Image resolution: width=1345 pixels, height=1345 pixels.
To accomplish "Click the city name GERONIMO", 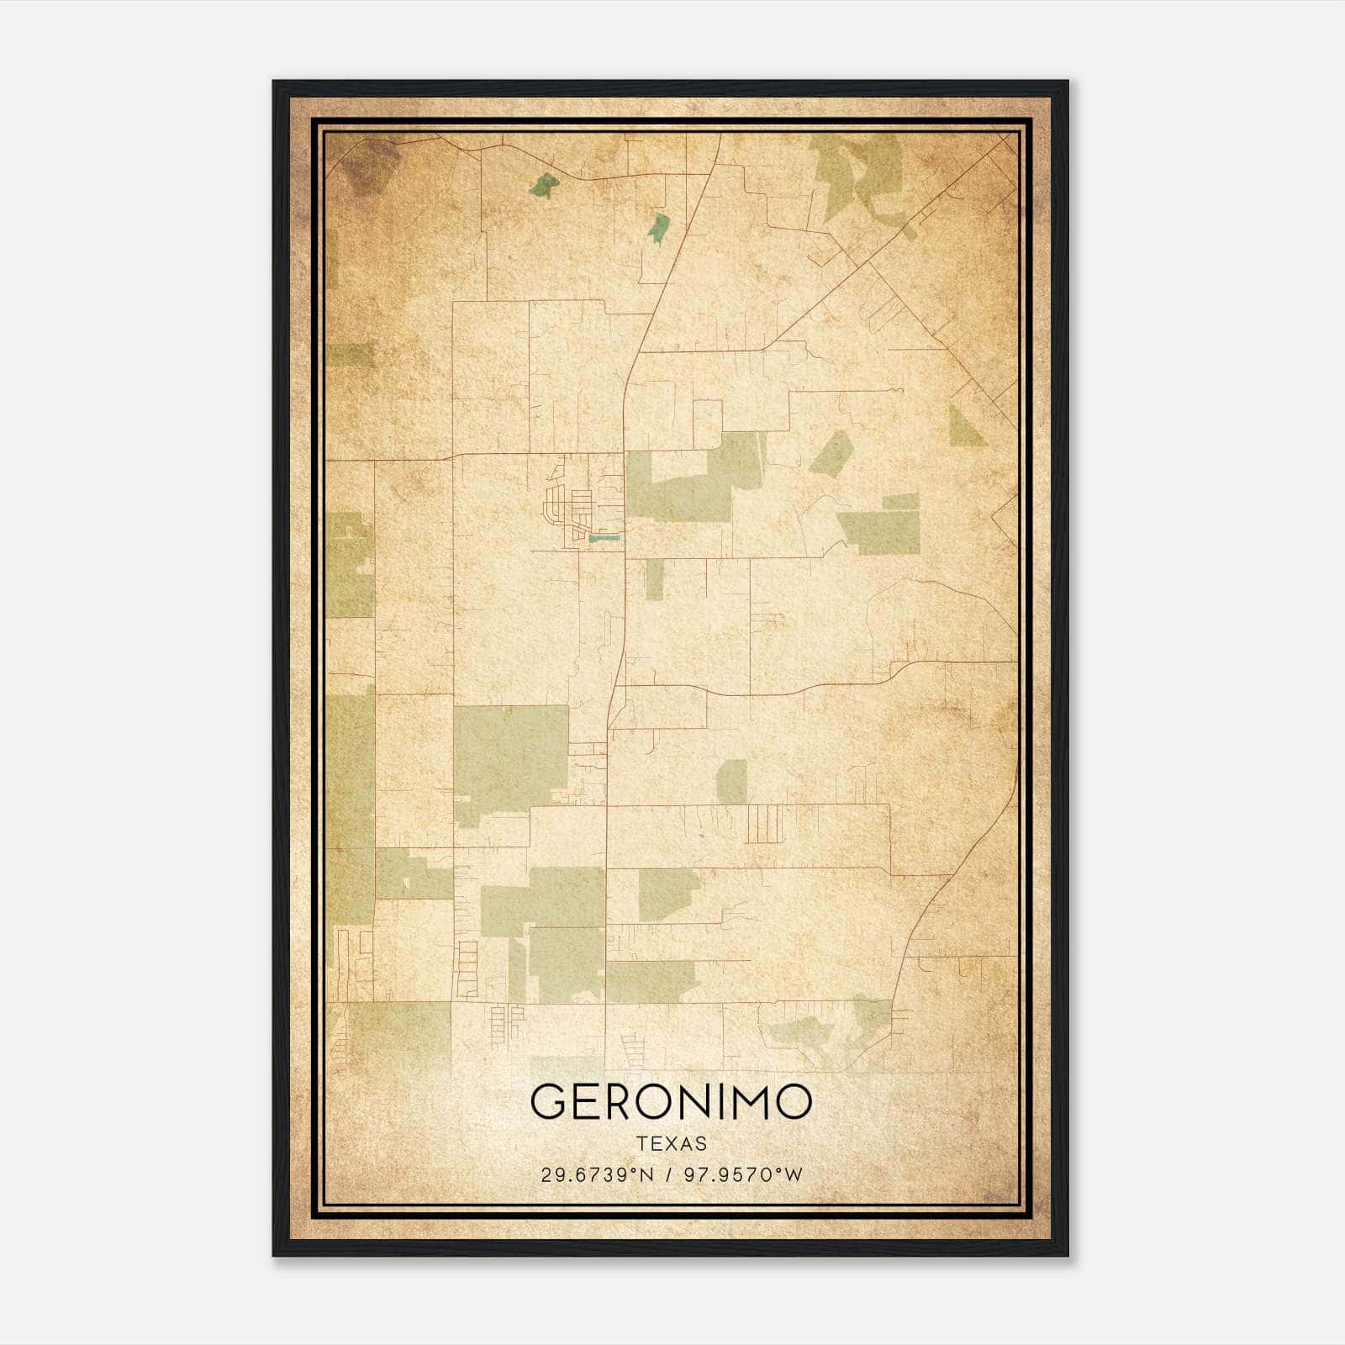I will pos(671,1101).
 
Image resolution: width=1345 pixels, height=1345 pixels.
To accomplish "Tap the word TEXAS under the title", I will pos(672,1144).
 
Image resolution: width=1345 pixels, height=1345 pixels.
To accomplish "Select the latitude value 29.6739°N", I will pos(597,1175).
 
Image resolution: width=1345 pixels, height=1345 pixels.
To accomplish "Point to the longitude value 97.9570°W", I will pos(744,1175).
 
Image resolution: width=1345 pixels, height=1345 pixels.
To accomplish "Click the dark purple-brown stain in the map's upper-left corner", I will pos(371,165).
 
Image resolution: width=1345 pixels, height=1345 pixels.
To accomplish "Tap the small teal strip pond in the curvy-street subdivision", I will pos(603,537).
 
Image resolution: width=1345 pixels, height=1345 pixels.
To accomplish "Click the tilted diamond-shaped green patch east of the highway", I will pos(831,455).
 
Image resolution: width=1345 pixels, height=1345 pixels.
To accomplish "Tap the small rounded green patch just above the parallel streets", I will pos(731,781).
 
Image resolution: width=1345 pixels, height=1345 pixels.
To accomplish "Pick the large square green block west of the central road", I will pos(509,754).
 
